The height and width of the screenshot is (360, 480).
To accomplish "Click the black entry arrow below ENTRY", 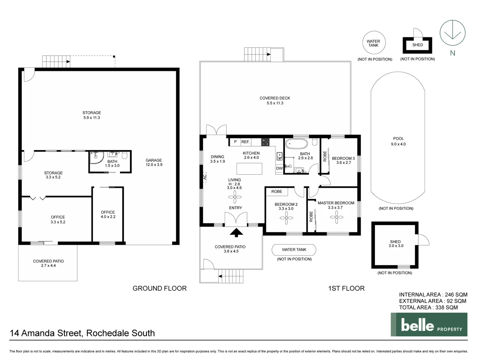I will [236, 232].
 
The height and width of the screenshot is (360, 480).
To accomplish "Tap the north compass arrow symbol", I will [452, 33].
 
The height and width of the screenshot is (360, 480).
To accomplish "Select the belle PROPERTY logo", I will [429, 325].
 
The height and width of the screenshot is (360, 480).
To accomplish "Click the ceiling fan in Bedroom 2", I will [286, 218].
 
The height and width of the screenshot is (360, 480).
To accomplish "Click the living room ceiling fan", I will [235, 198].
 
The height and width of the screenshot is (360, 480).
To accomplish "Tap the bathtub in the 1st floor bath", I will [297, 144].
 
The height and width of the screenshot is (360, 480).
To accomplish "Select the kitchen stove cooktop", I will [265, 142].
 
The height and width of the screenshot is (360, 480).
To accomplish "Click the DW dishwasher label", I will [279, 168].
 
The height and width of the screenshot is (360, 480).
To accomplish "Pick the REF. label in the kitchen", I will [245, 142].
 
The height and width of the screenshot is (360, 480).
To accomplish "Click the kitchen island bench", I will [249, 168].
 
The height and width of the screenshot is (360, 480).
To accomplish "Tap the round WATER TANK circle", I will [373, 43].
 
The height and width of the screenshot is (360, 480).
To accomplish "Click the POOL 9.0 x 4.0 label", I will [398, 141].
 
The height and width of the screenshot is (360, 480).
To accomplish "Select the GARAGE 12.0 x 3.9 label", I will [154, 162].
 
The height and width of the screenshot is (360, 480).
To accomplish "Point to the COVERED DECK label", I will [275, 100].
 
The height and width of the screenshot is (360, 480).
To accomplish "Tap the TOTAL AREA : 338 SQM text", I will [428, 307].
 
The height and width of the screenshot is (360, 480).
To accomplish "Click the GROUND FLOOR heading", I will [159, 288].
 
